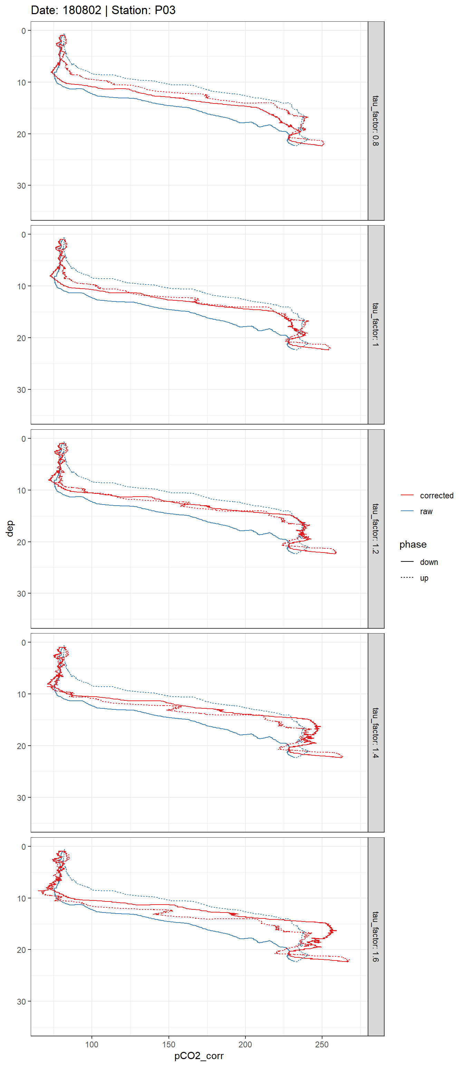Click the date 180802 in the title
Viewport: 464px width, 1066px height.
tap(81, 10)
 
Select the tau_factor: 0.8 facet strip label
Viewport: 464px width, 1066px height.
tap(375, 120)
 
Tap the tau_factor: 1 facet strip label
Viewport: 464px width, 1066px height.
tap(375, 325)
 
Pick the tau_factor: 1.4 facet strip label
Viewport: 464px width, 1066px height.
tap(375, 733)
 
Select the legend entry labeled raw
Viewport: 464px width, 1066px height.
tap(426, 511)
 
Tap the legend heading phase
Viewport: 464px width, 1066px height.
tap(413, 544)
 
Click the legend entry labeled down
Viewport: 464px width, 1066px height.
tap(429, 562)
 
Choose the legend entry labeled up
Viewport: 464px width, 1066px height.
tap(424, 578)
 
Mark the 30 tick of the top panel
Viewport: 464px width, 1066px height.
tap(21, 186)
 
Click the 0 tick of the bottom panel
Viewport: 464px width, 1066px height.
tap(23, 847)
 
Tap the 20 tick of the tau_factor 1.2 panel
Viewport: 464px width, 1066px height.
tap(21, 542)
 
